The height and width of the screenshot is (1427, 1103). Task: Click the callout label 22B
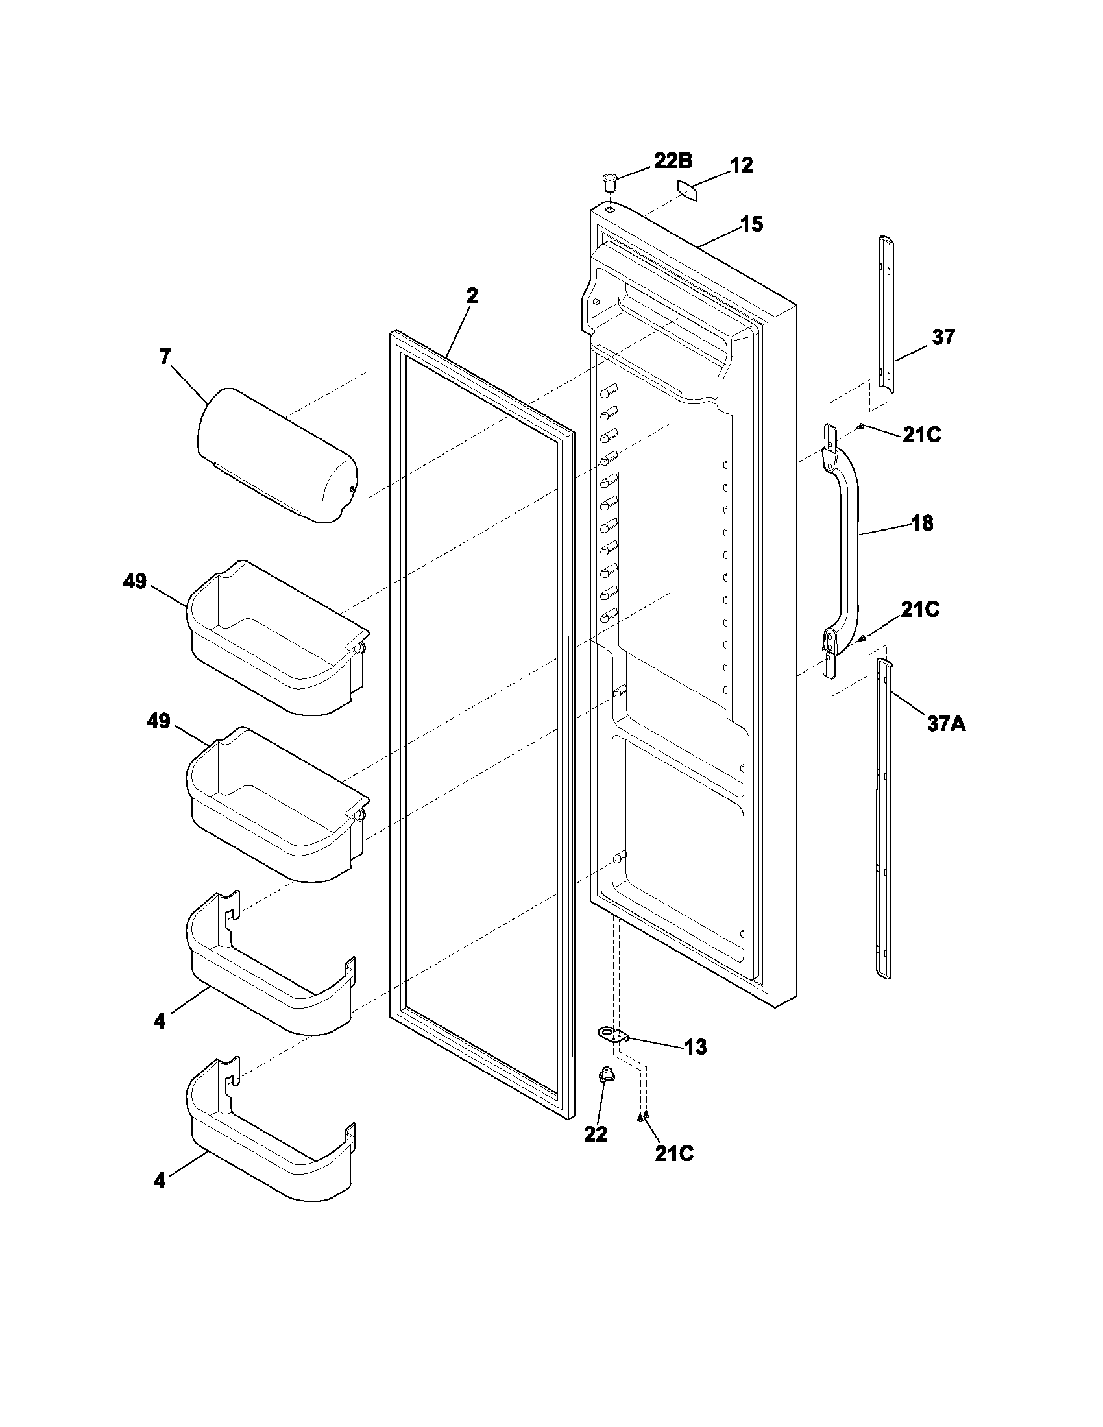tap(673, 161)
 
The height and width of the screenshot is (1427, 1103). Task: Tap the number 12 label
tap(741, 165)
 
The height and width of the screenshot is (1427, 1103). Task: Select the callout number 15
tap(751, 224)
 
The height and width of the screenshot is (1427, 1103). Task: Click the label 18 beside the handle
tap(922, 523)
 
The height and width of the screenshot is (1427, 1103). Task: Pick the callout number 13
tap(696, 1047)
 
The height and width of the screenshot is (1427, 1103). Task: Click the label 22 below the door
tap(595, 1135)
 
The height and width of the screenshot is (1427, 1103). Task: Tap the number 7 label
tap(165, 357)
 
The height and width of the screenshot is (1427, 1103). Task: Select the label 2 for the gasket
tap(472, 295)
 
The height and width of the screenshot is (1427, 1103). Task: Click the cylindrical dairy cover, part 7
tap(277, 455)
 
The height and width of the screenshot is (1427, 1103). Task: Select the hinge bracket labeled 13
tap(612, 1034)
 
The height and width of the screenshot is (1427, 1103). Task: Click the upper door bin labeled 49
tap(277, 637)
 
